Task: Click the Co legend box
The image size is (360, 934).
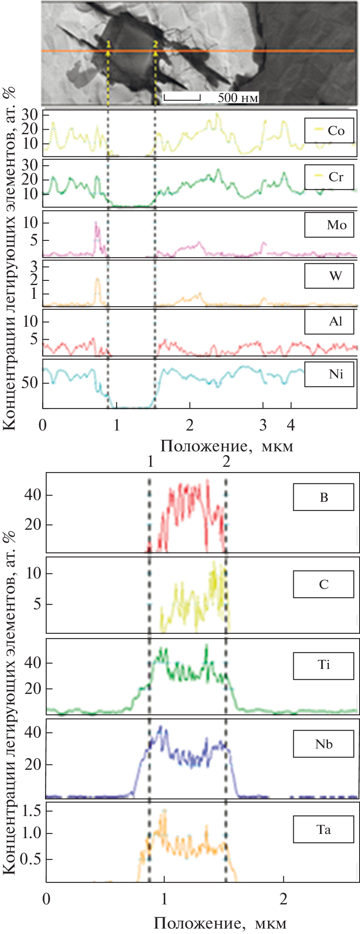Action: pyautogui.click(x=329, y=130)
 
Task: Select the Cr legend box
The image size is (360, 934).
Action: pyautogui.click(x=329, y=177)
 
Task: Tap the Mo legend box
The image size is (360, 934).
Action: pyautogui.click(x=329, y=225)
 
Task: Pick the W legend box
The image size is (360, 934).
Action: pyautogui.click(x=329, y=276)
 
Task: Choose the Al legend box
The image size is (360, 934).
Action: pyautogui.click(x=329, y=322)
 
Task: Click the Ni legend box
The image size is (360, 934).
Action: pyautogui.click(x=329, y=374)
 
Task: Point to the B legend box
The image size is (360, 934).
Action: pyautogui.click(x=323, y=497)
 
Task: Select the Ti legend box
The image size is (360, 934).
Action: pyautogui.click(x=323, y=664)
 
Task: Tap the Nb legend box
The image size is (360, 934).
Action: pyautogui.click(x=323, y=744)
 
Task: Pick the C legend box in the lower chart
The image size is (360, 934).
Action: pyautogui.click(x=323, y=584)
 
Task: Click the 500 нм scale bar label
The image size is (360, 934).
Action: pyautogui.click(x=238, y=98)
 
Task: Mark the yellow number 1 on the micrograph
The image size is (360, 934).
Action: pyautogui.click(x=108, y=43)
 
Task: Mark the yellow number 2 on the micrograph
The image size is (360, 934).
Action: pyautogui.click(x=155, y=43)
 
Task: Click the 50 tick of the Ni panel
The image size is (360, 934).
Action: pyautogui.click(x=30, y=383)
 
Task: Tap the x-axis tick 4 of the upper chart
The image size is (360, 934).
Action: pyautogui.click(x=291, y=426)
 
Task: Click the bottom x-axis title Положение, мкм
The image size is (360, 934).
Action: pyautogui.click(x=220, y=923)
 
